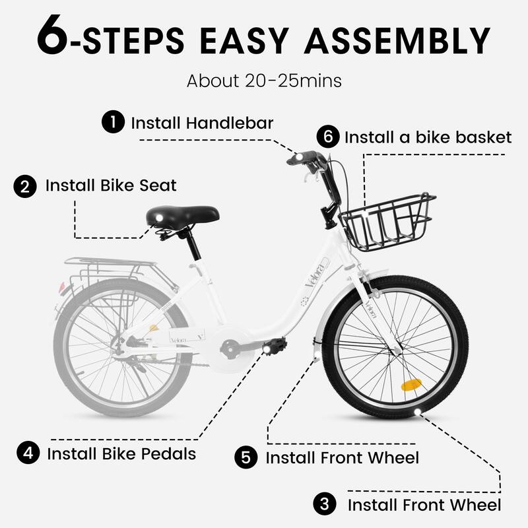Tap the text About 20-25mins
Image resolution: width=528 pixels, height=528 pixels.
pos(264,82)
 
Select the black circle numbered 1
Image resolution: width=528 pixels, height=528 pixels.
pos(113,122)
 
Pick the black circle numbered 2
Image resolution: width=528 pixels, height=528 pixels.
pos(25,185)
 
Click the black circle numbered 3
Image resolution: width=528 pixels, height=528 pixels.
pos(323,506)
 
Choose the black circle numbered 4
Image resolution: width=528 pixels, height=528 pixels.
pos(27,453)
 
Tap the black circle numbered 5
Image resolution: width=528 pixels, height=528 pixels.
pos(246,457)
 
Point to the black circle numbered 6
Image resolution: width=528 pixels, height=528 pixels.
pos(327,137)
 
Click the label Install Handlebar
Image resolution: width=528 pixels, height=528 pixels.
pos(202,123)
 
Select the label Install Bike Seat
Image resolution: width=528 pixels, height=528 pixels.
pos(111,185)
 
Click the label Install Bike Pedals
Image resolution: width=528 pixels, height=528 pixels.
pos(121,454)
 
